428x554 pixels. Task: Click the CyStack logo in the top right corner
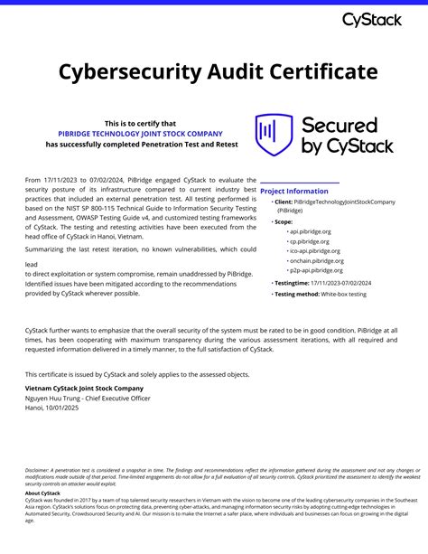pos(373,19)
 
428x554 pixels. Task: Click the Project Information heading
pos(294,192)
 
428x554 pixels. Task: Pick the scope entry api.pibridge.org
pos(310,231)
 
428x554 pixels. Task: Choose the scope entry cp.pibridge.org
pos(309,241)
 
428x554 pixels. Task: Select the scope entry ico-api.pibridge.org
pos(315,251)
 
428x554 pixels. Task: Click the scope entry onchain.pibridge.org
pos(315,260)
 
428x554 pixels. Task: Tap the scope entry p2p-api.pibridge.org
pos(316,270)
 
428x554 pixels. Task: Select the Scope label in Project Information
pos(284,221)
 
